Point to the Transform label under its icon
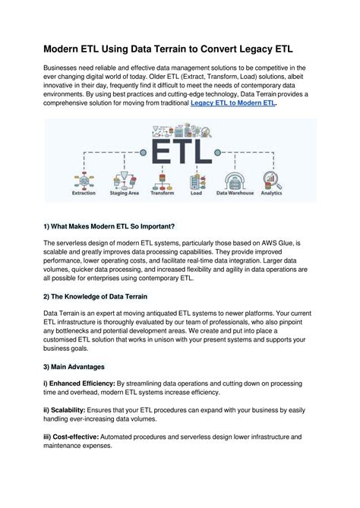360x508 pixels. [x=161, y=194]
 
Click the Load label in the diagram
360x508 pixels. [x=197, y=194]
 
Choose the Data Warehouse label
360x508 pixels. [x=234, y=194]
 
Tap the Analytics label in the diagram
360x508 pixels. [x=272, y=194]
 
